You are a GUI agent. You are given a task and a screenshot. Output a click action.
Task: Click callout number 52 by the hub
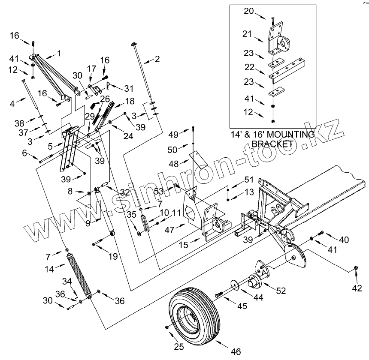pyautogui.click(x=281, y=290)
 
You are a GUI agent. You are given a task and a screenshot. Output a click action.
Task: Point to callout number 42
pyautogui.click(x=356, y=288)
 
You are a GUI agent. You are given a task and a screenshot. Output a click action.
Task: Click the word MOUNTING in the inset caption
pyautogui.click(x=288, y=134)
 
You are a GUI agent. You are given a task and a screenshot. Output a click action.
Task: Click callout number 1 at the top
pyautogui.click(x=59, y=53)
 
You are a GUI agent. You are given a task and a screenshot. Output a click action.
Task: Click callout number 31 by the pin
pyautogui.click(x=129, y=88)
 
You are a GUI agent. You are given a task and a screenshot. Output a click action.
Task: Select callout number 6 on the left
pyautogui.click(x=24, y=153)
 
